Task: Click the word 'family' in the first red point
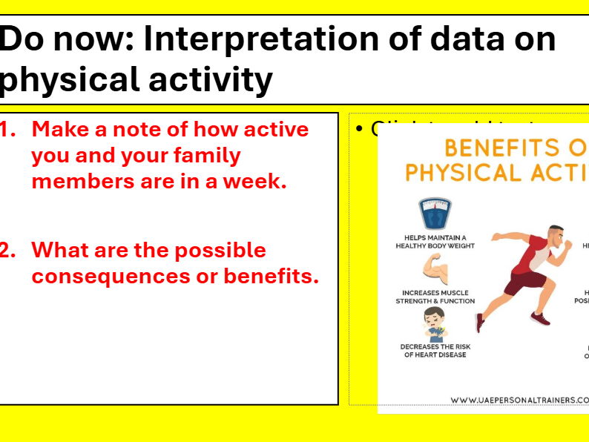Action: click(x=203, y=156)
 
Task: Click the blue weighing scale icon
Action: click(x=436, y=214)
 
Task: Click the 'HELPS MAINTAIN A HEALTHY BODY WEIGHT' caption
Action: click(x=435, y=242)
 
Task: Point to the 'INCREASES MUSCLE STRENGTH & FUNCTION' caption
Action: click(x=435, y=297)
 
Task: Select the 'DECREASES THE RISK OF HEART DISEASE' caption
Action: click(x=435, y=351)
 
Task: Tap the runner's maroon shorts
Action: click(x=528, y=283)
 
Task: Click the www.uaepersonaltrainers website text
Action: click(x=519, y=400)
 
